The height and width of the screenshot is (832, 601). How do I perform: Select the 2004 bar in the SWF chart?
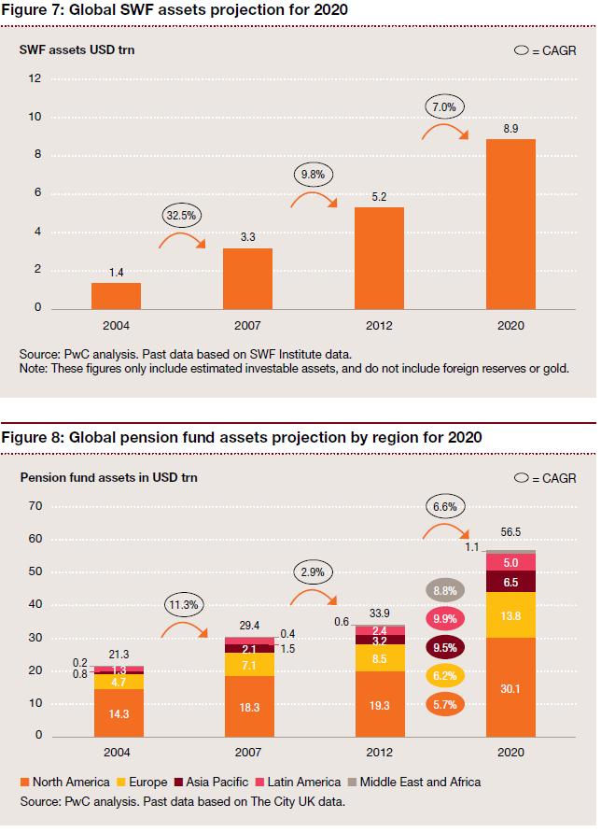click(116, 295)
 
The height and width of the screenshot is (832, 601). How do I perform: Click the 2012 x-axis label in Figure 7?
click(379, 326)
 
